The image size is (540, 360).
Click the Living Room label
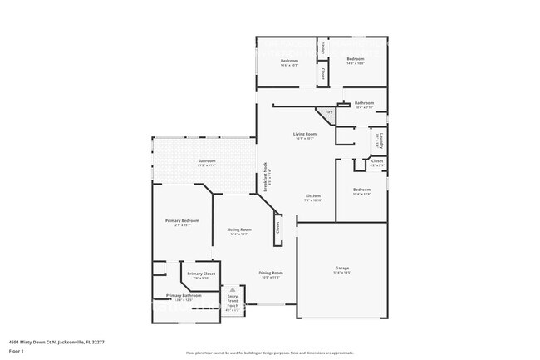305,134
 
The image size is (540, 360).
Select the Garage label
341,268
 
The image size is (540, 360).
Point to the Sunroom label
207,161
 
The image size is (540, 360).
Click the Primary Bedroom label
182,220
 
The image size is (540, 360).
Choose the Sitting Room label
239,229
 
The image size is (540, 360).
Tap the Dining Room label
271,273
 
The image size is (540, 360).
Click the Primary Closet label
201,274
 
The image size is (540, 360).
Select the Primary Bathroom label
184,296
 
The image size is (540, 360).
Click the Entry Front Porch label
233,301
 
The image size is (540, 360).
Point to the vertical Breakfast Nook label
266,178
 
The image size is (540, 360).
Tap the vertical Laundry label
379,140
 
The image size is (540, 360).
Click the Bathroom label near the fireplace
365,103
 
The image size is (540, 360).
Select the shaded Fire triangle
329,111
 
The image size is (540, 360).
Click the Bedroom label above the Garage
361,190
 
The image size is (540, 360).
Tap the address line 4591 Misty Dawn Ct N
56,341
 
